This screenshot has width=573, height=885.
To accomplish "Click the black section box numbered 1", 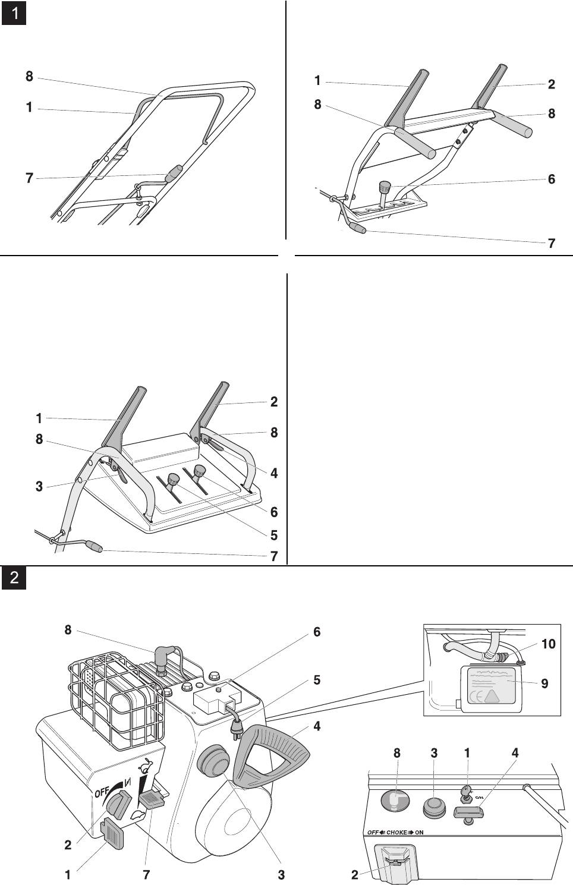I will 14,13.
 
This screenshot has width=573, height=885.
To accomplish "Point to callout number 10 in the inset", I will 548,644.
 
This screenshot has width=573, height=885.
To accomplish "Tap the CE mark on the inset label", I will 476,697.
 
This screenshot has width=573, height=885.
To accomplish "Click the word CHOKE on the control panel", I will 397,833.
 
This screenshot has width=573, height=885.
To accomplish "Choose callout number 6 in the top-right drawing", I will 552,178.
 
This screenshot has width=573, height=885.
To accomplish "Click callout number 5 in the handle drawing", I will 273,535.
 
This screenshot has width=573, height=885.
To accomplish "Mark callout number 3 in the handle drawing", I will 39,487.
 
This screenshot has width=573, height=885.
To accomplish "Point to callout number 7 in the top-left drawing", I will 29,178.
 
